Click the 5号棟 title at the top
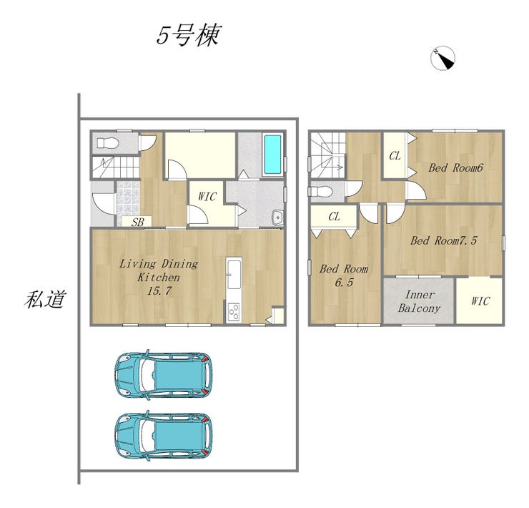pos(189,35)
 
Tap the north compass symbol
pos(443,58)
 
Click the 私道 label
pos(45,299)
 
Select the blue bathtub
pos(272,154)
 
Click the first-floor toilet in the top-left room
pos(108,143)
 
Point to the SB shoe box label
pos(137,222)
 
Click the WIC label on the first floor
pos(207,197)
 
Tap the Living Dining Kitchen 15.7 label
pos(159,277)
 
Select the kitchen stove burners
pos(234,312)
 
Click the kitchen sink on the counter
pos(234,275)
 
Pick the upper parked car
pos(164,375)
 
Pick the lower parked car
pos(164,436)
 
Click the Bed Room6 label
pos(456,167)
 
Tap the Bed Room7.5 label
pos(444,240)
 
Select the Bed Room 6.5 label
pos(344,275)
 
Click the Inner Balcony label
pos(419,301)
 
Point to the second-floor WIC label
pos(480,301)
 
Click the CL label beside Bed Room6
pos(395,156)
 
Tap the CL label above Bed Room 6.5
pos(334,217)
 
